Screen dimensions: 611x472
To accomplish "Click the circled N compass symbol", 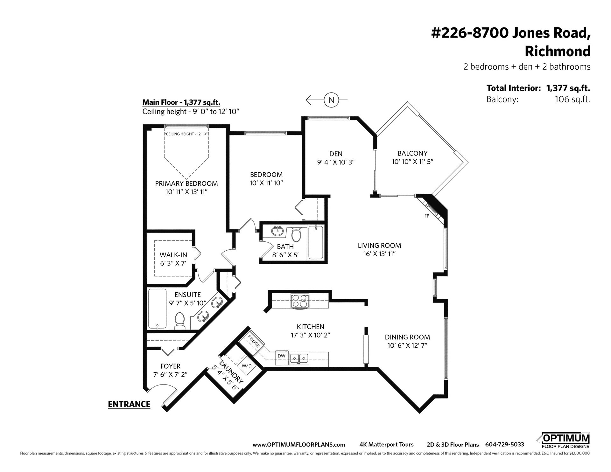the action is coord(331,100).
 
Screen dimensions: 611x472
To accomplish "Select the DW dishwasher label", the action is coord(281,356).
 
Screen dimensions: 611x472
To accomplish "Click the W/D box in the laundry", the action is coord(247,366).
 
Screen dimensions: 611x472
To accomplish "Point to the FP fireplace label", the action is coord(427,216).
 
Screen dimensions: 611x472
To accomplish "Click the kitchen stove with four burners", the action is coord(299,301).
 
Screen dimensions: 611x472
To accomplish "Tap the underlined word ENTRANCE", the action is coord(129,404).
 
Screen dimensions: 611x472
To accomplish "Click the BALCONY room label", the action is coord(413,153).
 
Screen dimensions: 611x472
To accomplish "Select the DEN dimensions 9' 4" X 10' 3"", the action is coord(336,162).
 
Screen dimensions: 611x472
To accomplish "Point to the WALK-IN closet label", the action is coord(173,255).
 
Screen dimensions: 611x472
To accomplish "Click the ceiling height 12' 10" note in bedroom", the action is coord(186,134).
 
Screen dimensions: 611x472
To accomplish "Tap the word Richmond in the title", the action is coord(558,51).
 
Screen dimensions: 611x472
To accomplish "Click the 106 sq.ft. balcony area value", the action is coord(572,99).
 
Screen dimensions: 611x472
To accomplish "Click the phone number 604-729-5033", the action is coord(504,445).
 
